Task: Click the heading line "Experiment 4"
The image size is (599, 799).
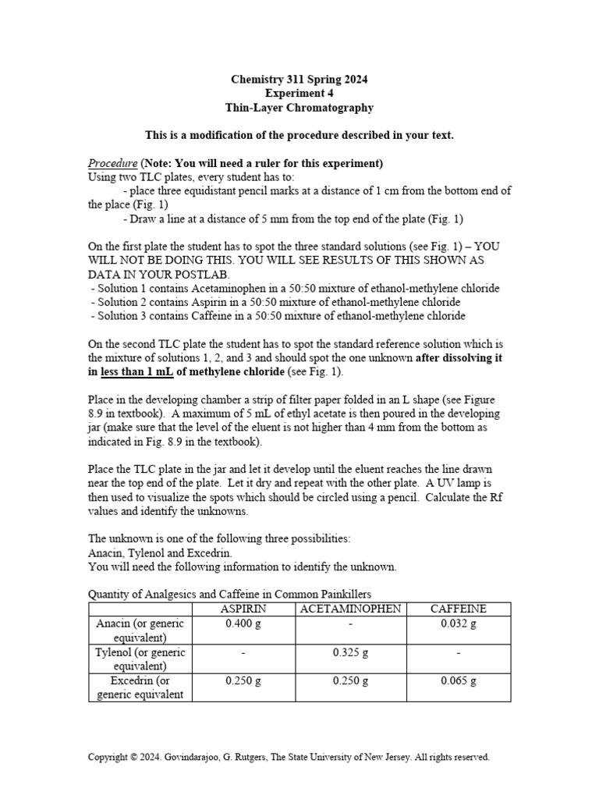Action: [299, 94]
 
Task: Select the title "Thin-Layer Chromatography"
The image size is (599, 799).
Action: [299, 108]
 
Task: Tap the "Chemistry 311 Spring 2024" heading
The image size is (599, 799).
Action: [299, 80]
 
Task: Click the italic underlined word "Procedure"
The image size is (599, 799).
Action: [112, 163]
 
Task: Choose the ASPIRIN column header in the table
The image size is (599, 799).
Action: [243, 609]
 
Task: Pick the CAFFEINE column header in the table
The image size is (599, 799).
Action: [458, 609]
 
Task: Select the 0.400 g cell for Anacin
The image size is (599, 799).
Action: [243, 623]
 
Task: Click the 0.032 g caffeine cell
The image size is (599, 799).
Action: [458, 623]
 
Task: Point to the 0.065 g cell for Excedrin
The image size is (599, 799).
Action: [458, 680]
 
